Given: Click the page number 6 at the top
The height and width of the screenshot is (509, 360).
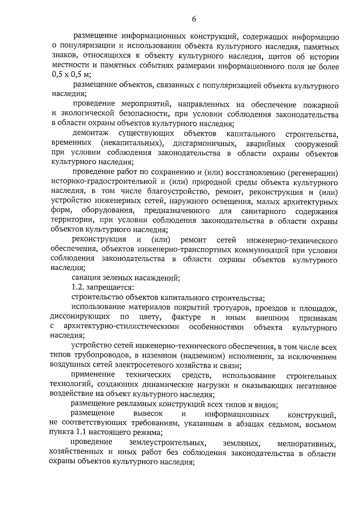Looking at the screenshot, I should (193, 19).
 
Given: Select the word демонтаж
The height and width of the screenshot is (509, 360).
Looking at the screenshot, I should (90, 133).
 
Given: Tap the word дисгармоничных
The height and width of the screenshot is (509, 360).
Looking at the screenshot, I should (205, 144).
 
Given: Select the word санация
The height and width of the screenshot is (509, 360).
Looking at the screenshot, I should (85, 278).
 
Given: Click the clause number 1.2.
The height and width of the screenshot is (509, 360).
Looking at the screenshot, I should (78, 288).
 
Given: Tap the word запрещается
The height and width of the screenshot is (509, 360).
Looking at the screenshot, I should (110, 288).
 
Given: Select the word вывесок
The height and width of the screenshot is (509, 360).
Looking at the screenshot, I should (148, 414).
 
